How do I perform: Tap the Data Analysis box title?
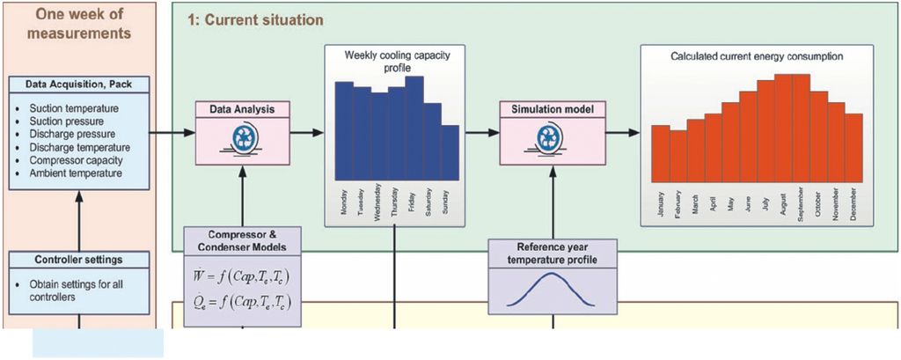click(242, 109)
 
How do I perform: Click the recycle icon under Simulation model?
click(548, 139)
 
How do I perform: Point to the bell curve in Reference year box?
click(547, 291)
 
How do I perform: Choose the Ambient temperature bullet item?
click(73, 173)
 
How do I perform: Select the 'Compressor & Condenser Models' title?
click(240, 239)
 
